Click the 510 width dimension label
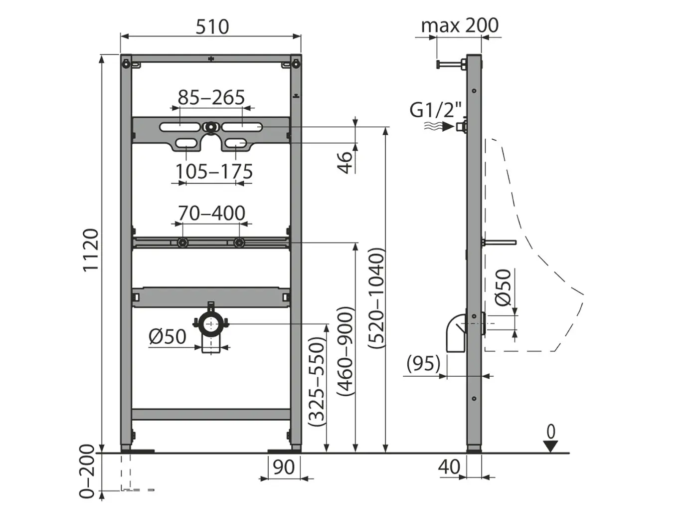212,26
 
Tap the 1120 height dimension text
91,250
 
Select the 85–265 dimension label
211,97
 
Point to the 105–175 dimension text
214,172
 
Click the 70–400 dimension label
211,213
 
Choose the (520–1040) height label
377,298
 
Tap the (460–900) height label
345,351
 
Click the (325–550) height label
317,382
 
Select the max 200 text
460,25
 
